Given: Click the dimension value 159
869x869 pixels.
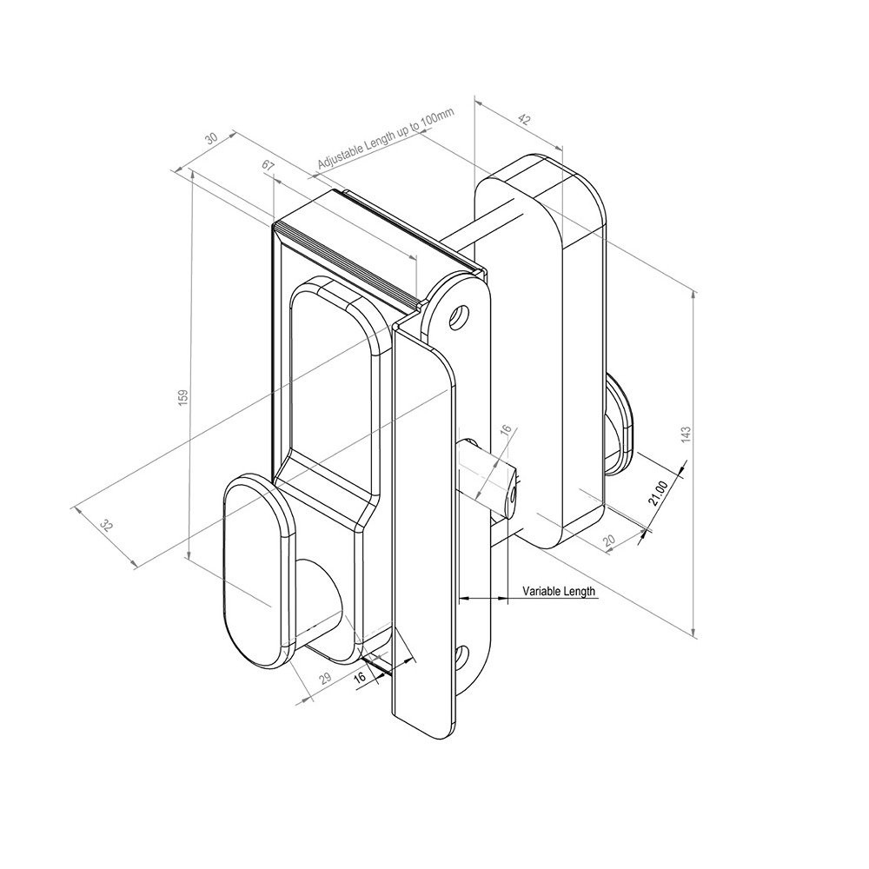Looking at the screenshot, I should [182, 397].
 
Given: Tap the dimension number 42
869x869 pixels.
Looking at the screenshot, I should [522, 117].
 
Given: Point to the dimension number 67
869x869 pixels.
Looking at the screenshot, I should [268, 165].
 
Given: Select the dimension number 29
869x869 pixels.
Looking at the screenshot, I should [326, 679].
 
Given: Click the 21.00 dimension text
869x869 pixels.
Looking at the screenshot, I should [659, 493].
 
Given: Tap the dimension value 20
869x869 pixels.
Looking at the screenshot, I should [609, 541].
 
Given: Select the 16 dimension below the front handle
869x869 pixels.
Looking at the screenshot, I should [361, 677].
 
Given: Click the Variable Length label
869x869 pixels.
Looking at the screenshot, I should [559, 592].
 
